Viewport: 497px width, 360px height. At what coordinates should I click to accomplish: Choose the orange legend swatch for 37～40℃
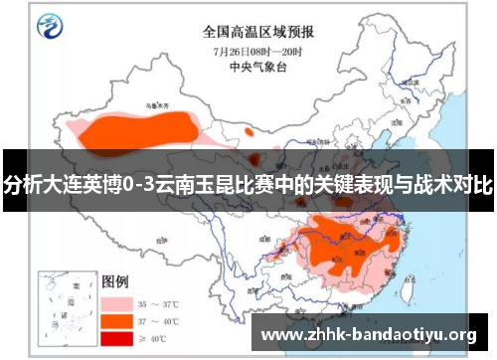point(116,320)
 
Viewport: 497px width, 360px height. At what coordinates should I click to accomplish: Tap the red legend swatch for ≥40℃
point(116,339)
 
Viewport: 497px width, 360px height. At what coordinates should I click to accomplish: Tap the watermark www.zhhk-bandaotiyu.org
point(368,334)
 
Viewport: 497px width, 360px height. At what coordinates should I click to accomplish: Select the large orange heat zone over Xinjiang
point(139,128)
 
